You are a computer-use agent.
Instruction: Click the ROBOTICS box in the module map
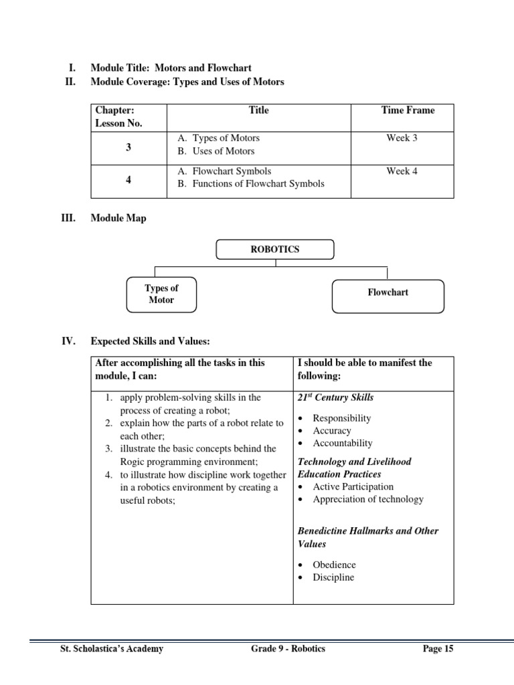click(x=274, y=249)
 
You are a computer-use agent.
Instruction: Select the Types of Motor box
click(x=161, y=294)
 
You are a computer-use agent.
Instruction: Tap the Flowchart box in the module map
click(x=388, y=292)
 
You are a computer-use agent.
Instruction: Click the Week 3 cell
click(x=402, y=138)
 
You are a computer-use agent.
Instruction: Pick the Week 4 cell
click(x=402, y=171)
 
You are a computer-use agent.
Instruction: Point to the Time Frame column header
click(x=408, y=110)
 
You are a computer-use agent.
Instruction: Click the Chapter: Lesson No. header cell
click(x=119, y=116)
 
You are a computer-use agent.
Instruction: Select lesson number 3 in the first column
click(x=128, y=148)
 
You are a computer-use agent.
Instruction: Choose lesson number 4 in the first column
click(x=128, y=180)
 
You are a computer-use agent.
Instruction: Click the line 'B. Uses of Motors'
click(x=216, y=151)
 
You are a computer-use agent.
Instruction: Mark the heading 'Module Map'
click(x=118, y=218)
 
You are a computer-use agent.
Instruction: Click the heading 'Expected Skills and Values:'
click(x=151, y=341)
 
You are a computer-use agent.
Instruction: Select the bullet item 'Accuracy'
click(x=332, y=431)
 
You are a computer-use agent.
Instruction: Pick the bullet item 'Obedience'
click(x=334, y=565)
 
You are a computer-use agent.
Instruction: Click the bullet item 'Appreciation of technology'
click(x=368, y=499)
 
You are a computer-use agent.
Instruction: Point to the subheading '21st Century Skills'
click(x=335, y=397)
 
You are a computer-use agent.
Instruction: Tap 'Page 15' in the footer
click(x=438, y=649)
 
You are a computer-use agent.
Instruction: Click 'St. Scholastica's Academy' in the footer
click(x=112, y=649)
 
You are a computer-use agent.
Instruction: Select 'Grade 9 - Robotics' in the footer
click(x=279, y=649)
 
